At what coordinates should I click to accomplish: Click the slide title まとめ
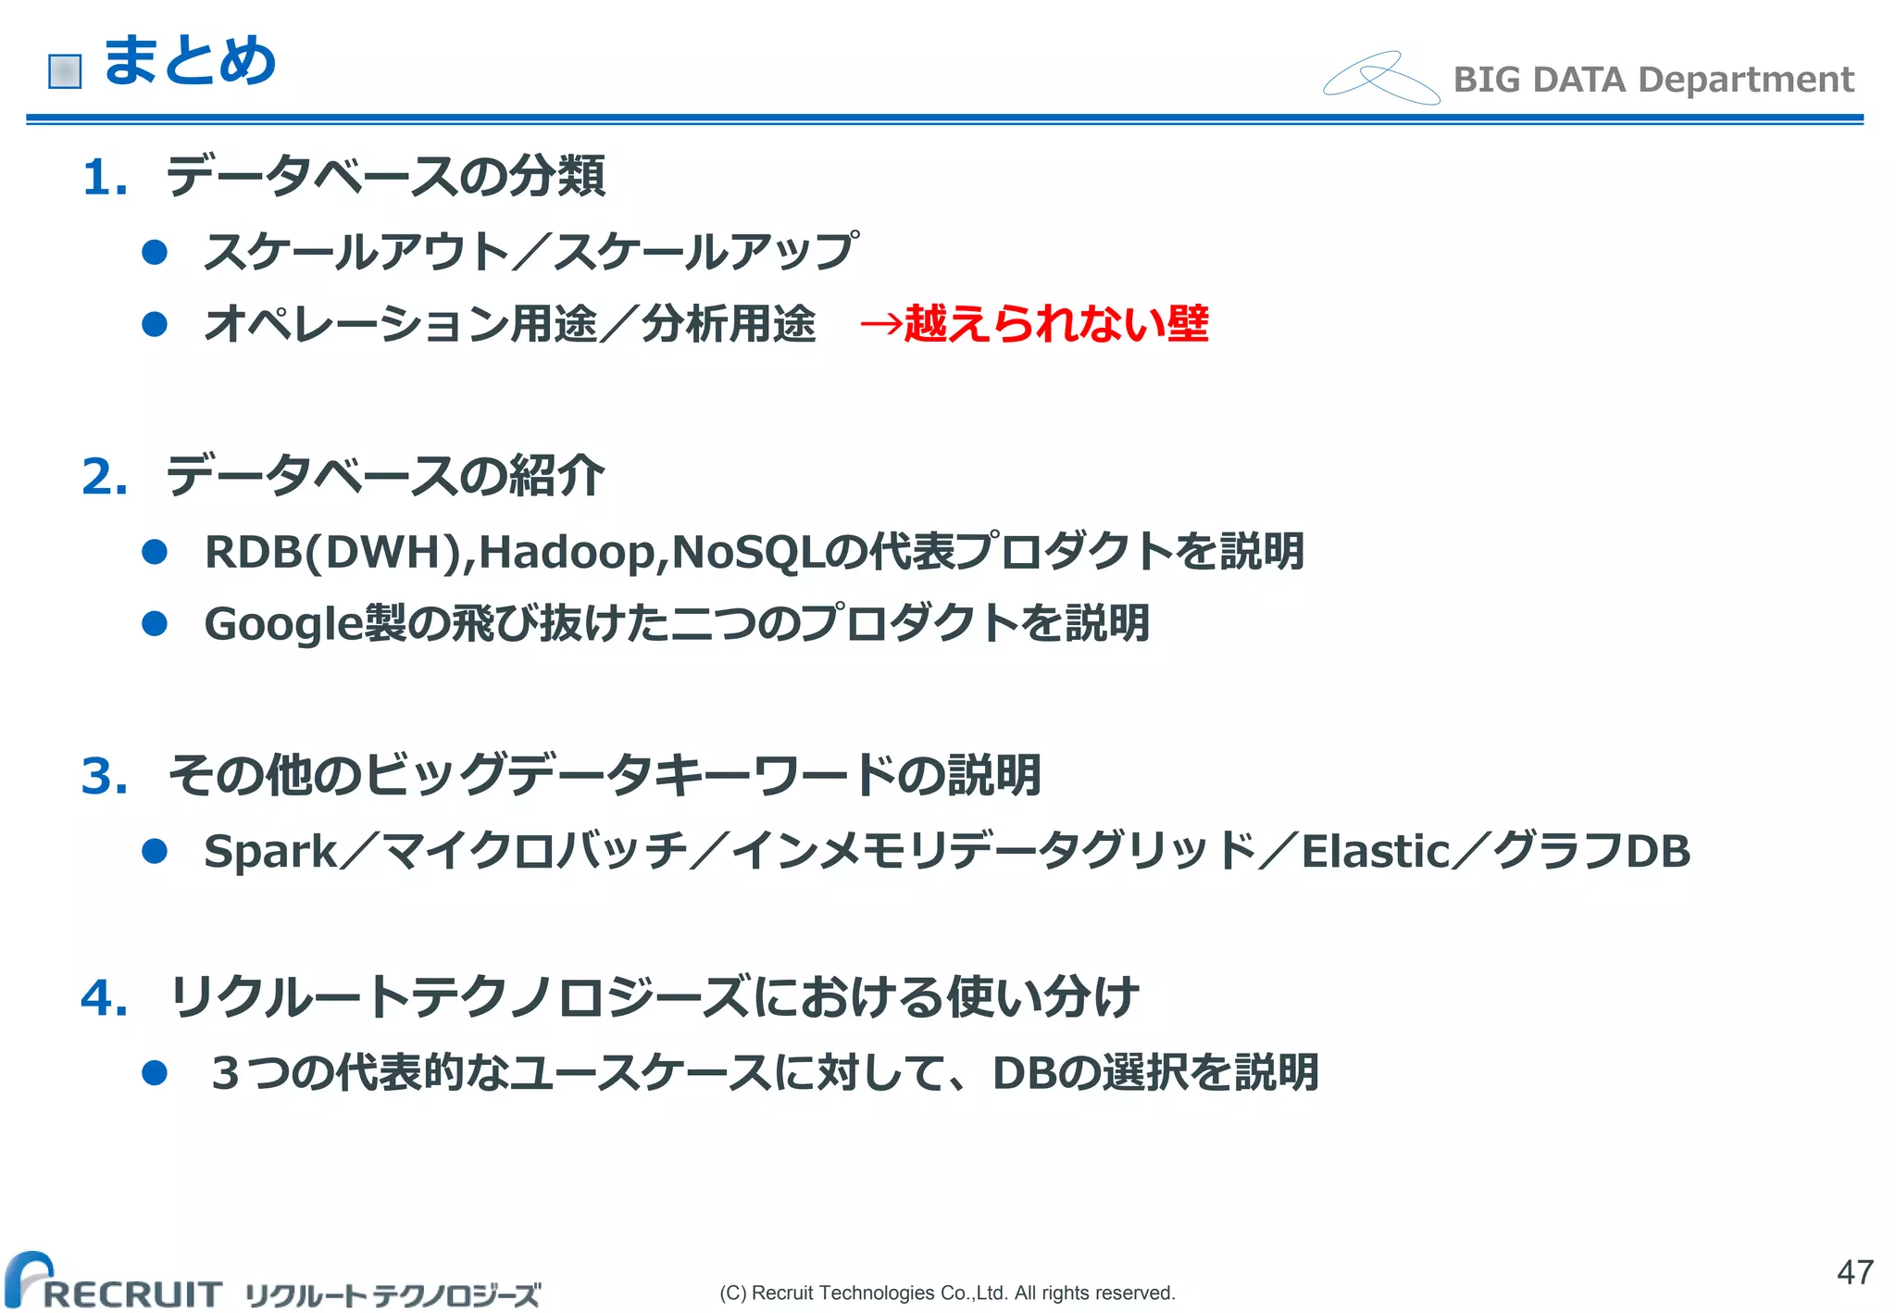coord(190,62)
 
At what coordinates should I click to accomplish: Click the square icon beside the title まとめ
coord(65,71)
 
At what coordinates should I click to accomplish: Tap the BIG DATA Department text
coord(1653,80)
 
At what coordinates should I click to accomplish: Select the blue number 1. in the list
coord(104,177)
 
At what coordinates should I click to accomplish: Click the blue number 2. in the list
coord(104,477)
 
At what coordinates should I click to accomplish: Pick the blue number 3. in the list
coord(104,776)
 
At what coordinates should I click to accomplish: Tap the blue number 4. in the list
coord(104,998)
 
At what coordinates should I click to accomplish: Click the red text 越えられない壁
coord(1055,324)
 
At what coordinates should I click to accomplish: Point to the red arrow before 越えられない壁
coord(880,324)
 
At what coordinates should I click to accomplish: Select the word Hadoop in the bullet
coord(567,552)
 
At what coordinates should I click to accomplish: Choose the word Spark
coord(270,852)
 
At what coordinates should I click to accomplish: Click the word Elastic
coord(1375,852)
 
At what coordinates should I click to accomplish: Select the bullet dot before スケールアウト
coord(155,252)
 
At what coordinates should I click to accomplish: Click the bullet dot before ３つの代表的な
coord(155,1073)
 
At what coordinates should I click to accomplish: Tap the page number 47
coord(1855,1272)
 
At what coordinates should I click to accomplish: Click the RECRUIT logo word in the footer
coord(131,1293)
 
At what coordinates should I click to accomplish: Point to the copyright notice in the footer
coord(947,1293)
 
